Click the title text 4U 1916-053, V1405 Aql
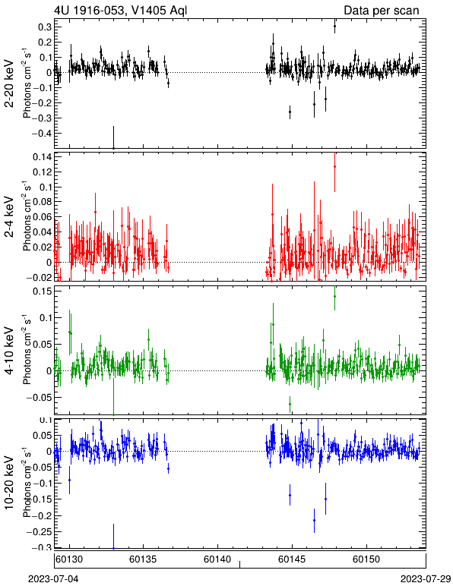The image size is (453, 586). pos(120,10)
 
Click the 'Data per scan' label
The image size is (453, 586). pos(382,10)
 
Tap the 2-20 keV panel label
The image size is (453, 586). pos(9,83)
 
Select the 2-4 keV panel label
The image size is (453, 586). pos(9,217)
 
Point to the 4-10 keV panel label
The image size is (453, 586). pos(9,351)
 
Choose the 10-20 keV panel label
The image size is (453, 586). pos(9,483)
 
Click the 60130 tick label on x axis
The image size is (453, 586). pos(70,559)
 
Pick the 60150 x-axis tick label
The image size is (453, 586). pos(366,559)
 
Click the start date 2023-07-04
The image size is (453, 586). pos(53,579)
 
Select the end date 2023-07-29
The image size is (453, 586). pos(426,579)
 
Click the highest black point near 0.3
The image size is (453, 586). pos(334,26)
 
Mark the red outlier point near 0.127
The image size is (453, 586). pos(334,167)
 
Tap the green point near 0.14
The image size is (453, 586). pos(334,296)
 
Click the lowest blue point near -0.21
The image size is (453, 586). pos(314,520)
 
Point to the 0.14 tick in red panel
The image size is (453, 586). pos(42,156)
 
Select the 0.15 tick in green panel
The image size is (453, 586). pos(42,291)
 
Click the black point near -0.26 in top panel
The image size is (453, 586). pos(290,112)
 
